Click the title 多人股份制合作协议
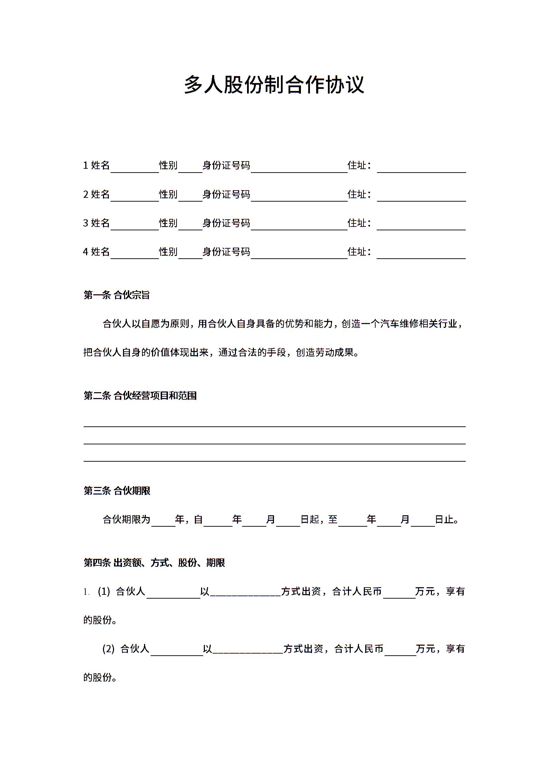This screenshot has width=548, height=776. point(274,85)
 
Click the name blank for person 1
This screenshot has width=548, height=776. point(134,167)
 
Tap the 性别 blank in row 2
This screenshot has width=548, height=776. point(190,196)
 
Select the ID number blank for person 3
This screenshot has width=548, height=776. point(299,225)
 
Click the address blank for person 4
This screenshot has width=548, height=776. point(421,253)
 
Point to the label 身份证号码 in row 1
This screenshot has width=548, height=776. point(226,166)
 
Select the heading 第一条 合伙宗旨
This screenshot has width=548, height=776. point(116,295)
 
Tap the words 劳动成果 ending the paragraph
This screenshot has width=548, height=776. point(334,353)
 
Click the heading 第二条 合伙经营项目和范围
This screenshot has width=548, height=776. point(140,396)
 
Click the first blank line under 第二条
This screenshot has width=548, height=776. point(274,424)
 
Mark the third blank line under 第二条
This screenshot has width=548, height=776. point(274,458)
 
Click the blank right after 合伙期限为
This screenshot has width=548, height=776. point(163,521)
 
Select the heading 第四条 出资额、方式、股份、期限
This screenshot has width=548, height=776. point(154,563)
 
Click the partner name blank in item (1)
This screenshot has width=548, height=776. point(173,593)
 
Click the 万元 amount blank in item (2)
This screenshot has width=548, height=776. point(400,651)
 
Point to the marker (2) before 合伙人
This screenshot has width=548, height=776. point(108,649)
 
